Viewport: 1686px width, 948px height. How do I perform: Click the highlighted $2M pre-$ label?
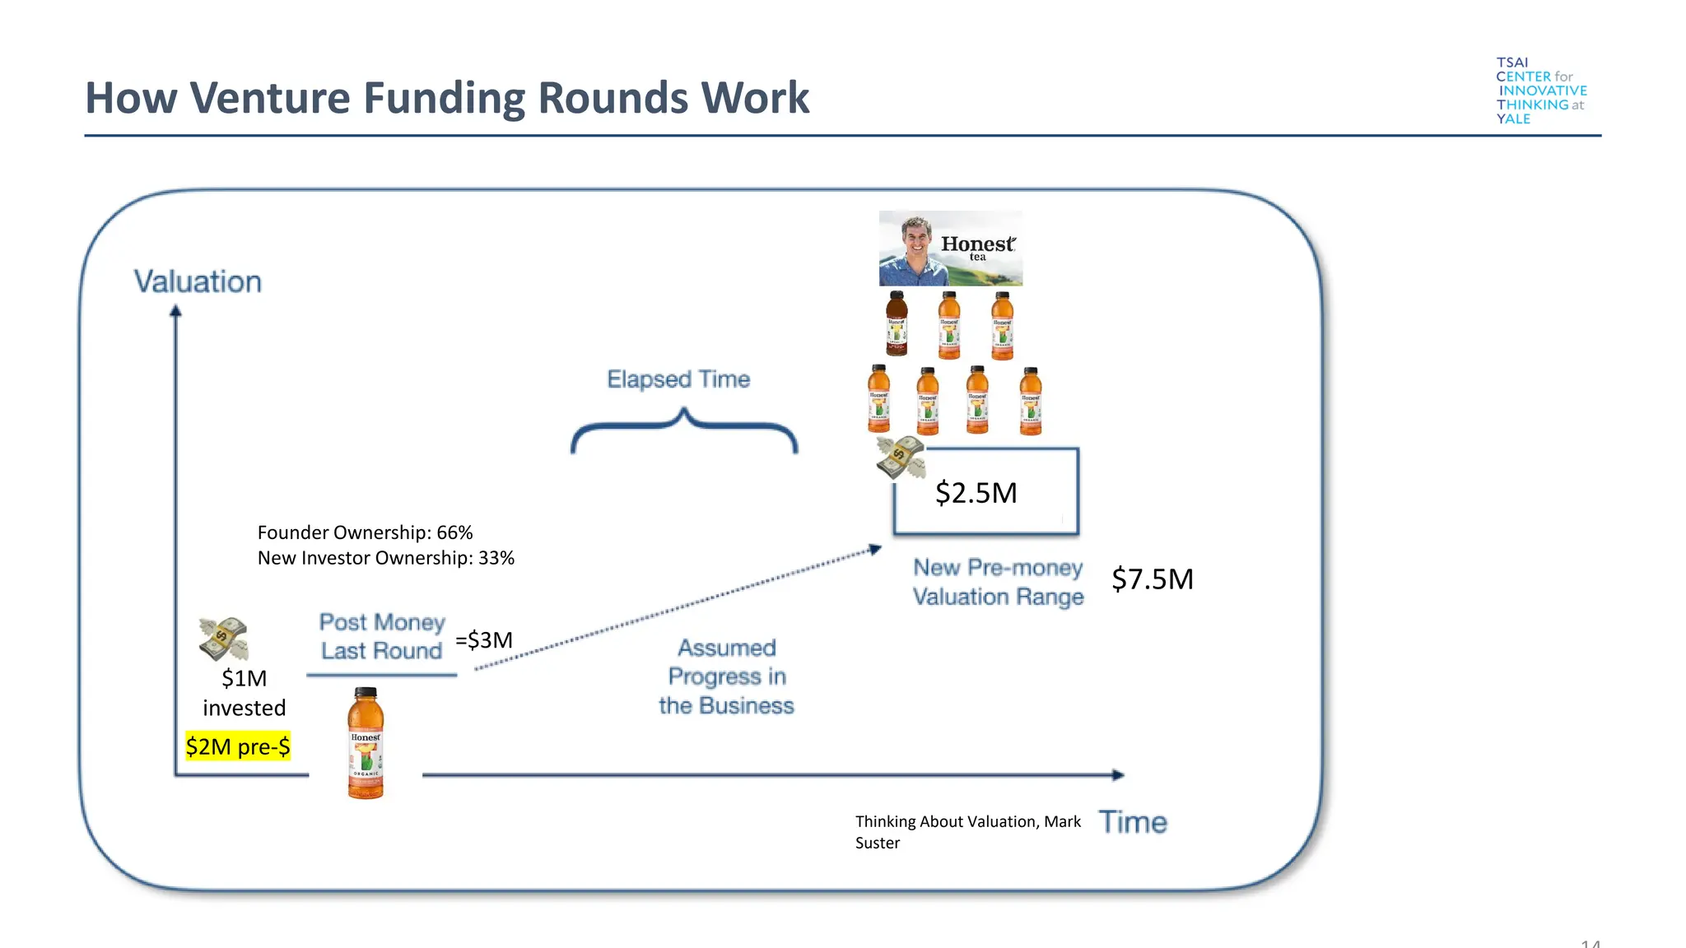[238, 746]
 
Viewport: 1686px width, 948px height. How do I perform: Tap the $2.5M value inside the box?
[976, 493]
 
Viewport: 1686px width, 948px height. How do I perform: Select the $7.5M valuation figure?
[1152, 579]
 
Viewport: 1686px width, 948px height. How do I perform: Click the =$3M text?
[484, 639]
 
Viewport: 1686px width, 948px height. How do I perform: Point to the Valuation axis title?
[198, 281]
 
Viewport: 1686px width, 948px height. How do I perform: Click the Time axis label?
[1133, 822]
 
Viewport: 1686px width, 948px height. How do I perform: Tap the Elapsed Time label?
[678, 379]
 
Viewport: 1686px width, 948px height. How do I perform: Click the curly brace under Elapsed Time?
[683, 432]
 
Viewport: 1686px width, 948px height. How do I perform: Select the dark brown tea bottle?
[897, 323]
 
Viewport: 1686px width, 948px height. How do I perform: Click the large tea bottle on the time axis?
[366, 743]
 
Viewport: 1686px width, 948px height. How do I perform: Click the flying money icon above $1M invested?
[223, 639]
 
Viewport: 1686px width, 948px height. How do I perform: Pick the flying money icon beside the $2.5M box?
[901, 458]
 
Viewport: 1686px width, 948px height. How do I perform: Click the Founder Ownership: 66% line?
[365, 532]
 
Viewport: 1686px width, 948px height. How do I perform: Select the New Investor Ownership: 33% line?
[385, 558]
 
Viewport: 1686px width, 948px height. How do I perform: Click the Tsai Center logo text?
[1540, 91]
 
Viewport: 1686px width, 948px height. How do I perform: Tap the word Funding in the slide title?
[445, 98]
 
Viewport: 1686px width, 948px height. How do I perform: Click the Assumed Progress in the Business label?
[726, 676]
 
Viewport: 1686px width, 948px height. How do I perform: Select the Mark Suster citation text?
[967, 831]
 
